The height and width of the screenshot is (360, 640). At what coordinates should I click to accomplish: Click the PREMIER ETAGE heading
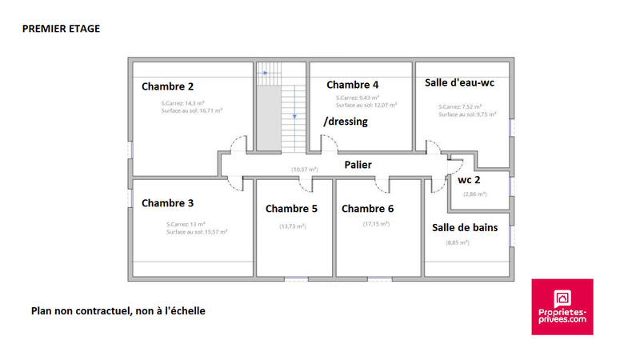(x=61, y=28)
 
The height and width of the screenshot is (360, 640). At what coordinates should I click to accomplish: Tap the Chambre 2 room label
(x=167, y=86)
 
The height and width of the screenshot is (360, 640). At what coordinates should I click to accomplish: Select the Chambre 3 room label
(x=167, y=203)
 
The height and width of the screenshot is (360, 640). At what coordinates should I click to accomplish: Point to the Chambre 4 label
(x=353, y=85)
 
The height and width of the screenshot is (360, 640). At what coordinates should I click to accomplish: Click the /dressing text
(x=345, y=122)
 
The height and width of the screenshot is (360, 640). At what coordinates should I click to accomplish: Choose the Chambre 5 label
(x=291, y=209)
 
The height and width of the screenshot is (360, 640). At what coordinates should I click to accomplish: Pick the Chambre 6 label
(x=367, y=209)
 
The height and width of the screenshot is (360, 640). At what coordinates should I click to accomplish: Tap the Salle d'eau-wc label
(x=460, y=83)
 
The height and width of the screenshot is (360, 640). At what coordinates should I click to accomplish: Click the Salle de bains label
(x=465, y=227)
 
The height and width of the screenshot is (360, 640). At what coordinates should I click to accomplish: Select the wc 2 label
(x=470, y=180)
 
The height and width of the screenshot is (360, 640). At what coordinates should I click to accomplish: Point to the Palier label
(x=358, y=164)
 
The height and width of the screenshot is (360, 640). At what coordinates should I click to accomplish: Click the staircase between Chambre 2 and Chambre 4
(x=279, y=108)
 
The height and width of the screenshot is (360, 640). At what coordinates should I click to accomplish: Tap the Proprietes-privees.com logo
(x=562, y=306)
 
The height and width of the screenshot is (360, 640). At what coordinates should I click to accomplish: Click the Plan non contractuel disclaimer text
(x=118, y=310)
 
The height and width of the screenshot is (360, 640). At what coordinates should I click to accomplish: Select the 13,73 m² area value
(x=293, y=226)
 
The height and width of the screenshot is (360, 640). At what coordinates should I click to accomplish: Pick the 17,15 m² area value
(x=376, y=224)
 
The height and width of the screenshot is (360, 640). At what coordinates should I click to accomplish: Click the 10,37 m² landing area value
(x=304, y=170)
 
